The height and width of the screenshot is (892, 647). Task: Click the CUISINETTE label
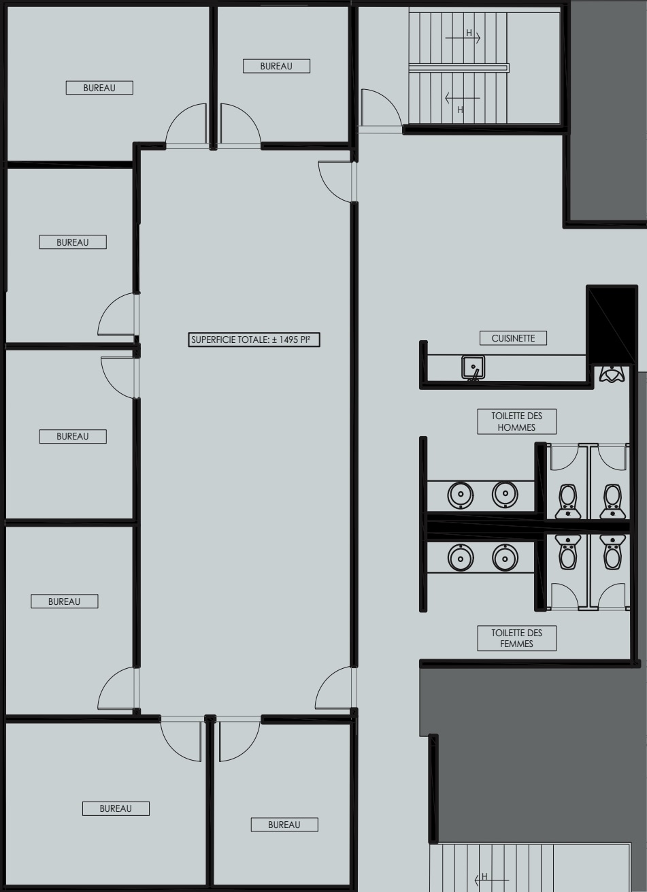click(x=513, y=338)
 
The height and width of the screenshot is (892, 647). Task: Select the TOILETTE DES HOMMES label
click(x=516, y=421)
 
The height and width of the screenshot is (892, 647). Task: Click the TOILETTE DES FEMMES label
click(x=516, y=638)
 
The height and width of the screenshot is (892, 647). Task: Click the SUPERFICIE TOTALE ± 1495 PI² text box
click(x=255, y=340)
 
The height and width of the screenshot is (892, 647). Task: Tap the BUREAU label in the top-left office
click(x=99, y=88)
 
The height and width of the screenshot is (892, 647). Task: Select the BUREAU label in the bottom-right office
click(x=284, y=825)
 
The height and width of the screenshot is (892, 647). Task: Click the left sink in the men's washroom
click(x=461, y=493)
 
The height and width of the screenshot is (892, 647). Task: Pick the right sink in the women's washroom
click(x=504, y=558)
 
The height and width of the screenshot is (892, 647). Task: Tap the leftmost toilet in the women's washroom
click(x=567, y=551)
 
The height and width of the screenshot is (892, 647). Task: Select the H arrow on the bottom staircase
click(x=484, y=877)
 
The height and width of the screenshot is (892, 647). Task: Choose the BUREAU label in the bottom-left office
click(x=116, y=808)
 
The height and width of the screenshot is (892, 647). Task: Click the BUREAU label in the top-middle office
click(x=276, y=66)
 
